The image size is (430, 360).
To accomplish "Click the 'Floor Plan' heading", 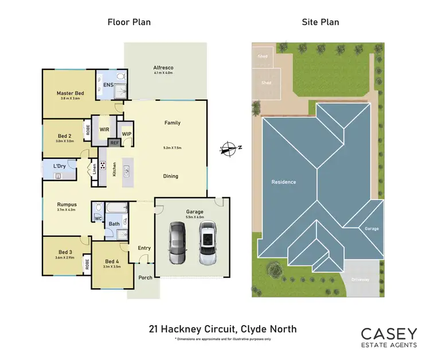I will click(129, 22).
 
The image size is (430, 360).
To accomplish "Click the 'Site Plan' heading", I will click(320, 22).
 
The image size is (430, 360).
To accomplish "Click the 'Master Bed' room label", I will click(70, 93).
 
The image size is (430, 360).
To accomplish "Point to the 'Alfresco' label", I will click(163, 67).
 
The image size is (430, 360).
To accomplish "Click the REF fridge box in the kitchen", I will click(115, 142).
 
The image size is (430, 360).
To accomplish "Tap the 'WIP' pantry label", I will click(127, 134).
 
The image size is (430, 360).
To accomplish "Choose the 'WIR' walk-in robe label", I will click(104, 130).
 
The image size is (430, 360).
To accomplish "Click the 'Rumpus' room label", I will click(67, 204).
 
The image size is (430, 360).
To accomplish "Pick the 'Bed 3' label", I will click(65, 252).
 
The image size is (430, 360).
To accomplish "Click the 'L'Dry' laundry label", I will click(58, 166).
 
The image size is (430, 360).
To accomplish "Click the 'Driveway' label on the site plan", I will click(360, 279).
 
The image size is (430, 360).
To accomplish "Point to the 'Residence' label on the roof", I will click(283, 182).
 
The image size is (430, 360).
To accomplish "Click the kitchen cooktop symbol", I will click(103, 166).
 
